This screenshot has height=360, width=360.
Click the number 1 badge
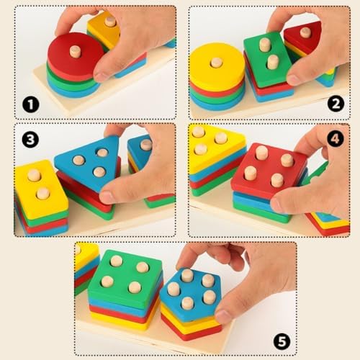31,104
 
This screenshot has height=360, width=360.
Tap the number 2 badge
336,104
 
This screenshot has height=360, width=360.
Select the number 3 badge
30,139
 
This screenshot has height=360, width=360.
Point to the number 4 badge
335,138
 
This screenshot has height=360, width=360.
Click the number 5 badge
282,341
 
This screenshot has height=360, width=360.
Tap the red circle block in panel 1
74,56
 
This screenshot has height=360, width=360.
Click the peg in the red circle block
75,52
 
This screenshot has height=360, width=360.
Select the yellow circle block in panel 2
217,67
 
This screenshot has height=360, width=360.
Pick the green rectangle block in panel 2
267,60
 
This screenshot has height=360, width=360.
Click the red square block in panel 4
269,171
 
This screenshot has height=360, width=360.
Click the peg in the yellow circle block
217,63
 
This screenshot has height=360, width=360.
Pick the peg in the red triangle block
305,32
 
